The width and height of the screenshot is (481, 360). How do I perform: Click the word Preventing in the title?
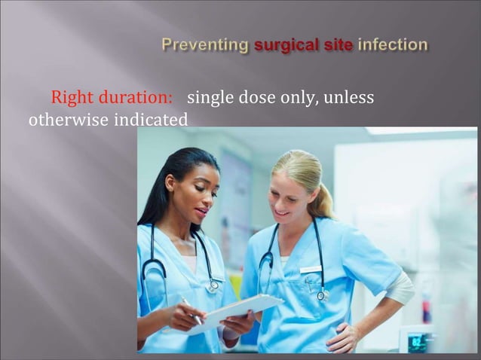point(205,45)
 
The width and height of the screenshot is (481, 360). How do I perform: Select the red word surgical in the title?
point(287,45)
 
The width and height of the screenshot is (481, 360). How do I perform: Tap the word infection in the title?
point(393,44)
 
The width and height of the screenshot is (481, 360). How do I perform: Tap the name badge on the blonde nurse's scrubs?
point(311,269)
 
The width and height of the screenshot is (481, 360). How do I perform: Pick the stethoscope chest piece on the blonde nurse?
point(322,295)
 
